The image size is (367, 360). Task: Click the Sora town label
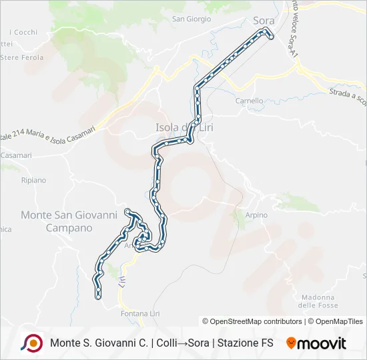pos(264,20)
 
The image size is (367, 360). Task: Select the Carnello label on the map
pos(250,101)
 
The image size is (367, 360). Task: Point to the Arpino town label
pos(255,215)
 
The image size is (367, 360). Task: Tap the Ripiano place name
pos(33,180)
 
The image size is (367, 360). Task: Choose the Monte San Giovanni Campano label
pos(69,221)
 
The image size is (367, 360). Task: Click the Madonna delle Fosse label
pos(317,301)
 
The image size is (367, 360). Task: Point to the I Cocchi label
pos(23,32)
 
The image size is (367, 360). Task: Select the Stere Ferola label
pos(22,57)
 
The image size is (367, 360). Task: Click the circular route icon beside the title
pos(31,343)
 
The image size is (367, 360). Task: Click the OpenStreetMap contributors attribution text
pos(252,321)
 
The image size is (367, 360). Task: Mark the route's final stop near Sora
pos(272,37)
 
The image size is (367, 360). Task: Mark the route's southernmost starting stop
pos(99,297)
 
